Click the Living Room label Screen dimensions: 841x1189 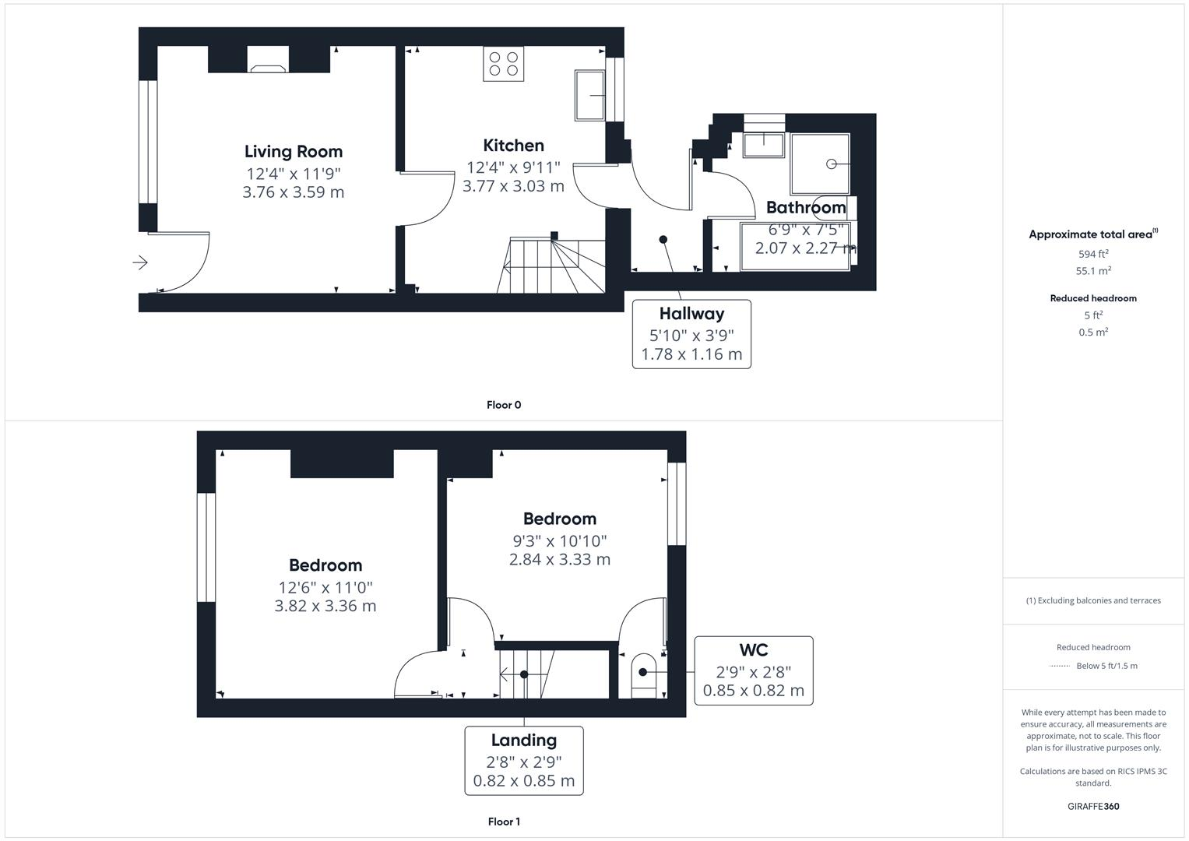pos(293,152)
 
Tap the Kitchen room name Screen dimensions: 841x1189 pos(513,146)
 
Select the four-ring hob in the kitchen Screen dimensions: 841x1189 pos(504,63)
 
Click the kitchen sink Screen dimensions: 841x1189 pos(589,95)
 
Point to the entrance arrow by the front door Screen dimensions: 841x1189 pos(140,262)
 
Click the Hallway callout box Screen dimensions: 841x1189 pos(691,334)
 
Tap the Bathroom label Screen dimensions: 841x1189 pos(806,207)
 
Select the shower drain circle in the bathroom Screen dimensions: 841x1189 pos(831,164)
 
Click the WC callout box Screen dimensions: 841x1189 pos(753,670)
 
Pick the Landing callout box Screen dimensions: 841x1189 pos(524,760)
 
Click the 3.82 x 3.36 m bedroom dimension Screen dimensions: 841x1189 pos(325,606)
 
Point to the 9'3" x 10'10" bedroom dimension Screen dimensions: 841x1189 pos(559,540)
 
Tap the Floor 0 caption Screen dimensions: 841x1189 pos(504,405)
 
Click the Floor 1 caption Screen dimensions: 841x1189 pos(504,822)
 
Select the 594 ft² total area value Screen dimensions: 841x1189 pos(1093,254)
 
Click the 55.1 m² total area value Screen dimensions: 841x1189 pos(1093,271)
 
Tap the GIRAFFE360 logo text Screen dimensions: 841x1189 pos(1093,806)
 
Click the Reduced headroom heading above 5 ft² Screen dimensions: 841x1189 pos(1093,298)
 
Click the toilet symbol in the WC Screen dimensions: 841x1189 pos(643,674)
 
